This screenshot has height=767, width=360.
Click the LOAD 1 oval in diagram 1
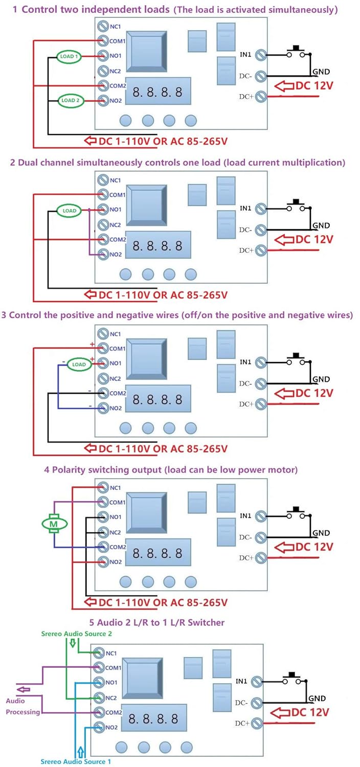[69, 56]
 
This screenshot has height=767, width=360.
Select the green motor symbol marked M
[54, 524]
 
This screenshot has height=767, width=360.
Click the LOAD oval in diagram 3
[79, 365]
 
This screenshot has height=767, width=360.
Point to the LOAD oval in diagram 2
[69, 210]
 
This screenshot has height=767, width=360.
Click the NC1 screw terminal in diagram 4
[103, 487]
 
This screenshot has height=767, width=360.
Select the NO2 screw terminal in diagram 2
[103, 254]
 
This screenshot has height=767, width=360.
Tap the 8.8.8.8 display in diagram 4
[157, 553]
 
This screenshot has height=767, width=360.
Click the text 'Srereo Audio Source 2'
[76, 634]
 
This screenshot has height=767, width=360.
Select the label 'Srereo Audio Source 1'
[76, 761]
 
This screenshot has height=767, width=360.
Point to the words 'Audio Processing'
[22, 707]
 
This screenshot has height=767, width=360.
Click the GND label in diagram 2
[321, 225]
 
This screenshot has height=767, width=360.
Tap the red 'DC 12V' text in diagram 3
[314, 393]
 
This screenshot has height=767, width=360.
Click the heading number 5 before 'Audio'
[92, 623]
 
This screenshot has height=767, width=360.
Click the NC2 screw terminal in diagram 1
[103, 71]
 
